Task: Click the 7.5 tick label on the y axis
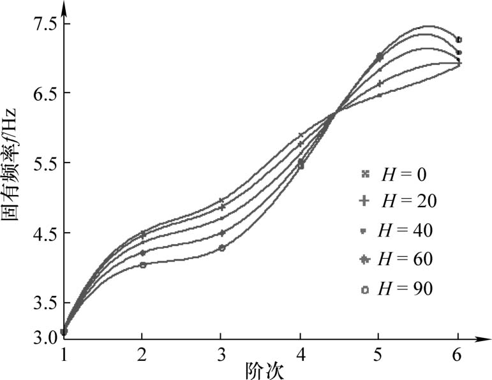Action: pos(41,24)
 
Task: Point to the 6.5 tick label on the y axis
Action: pos(41,93)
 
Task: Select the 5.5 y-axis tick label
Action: pos(41,163)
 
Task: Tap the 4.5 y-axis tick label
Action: pos(41,233)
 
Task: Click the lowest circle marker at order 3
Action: pos(221,247)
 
